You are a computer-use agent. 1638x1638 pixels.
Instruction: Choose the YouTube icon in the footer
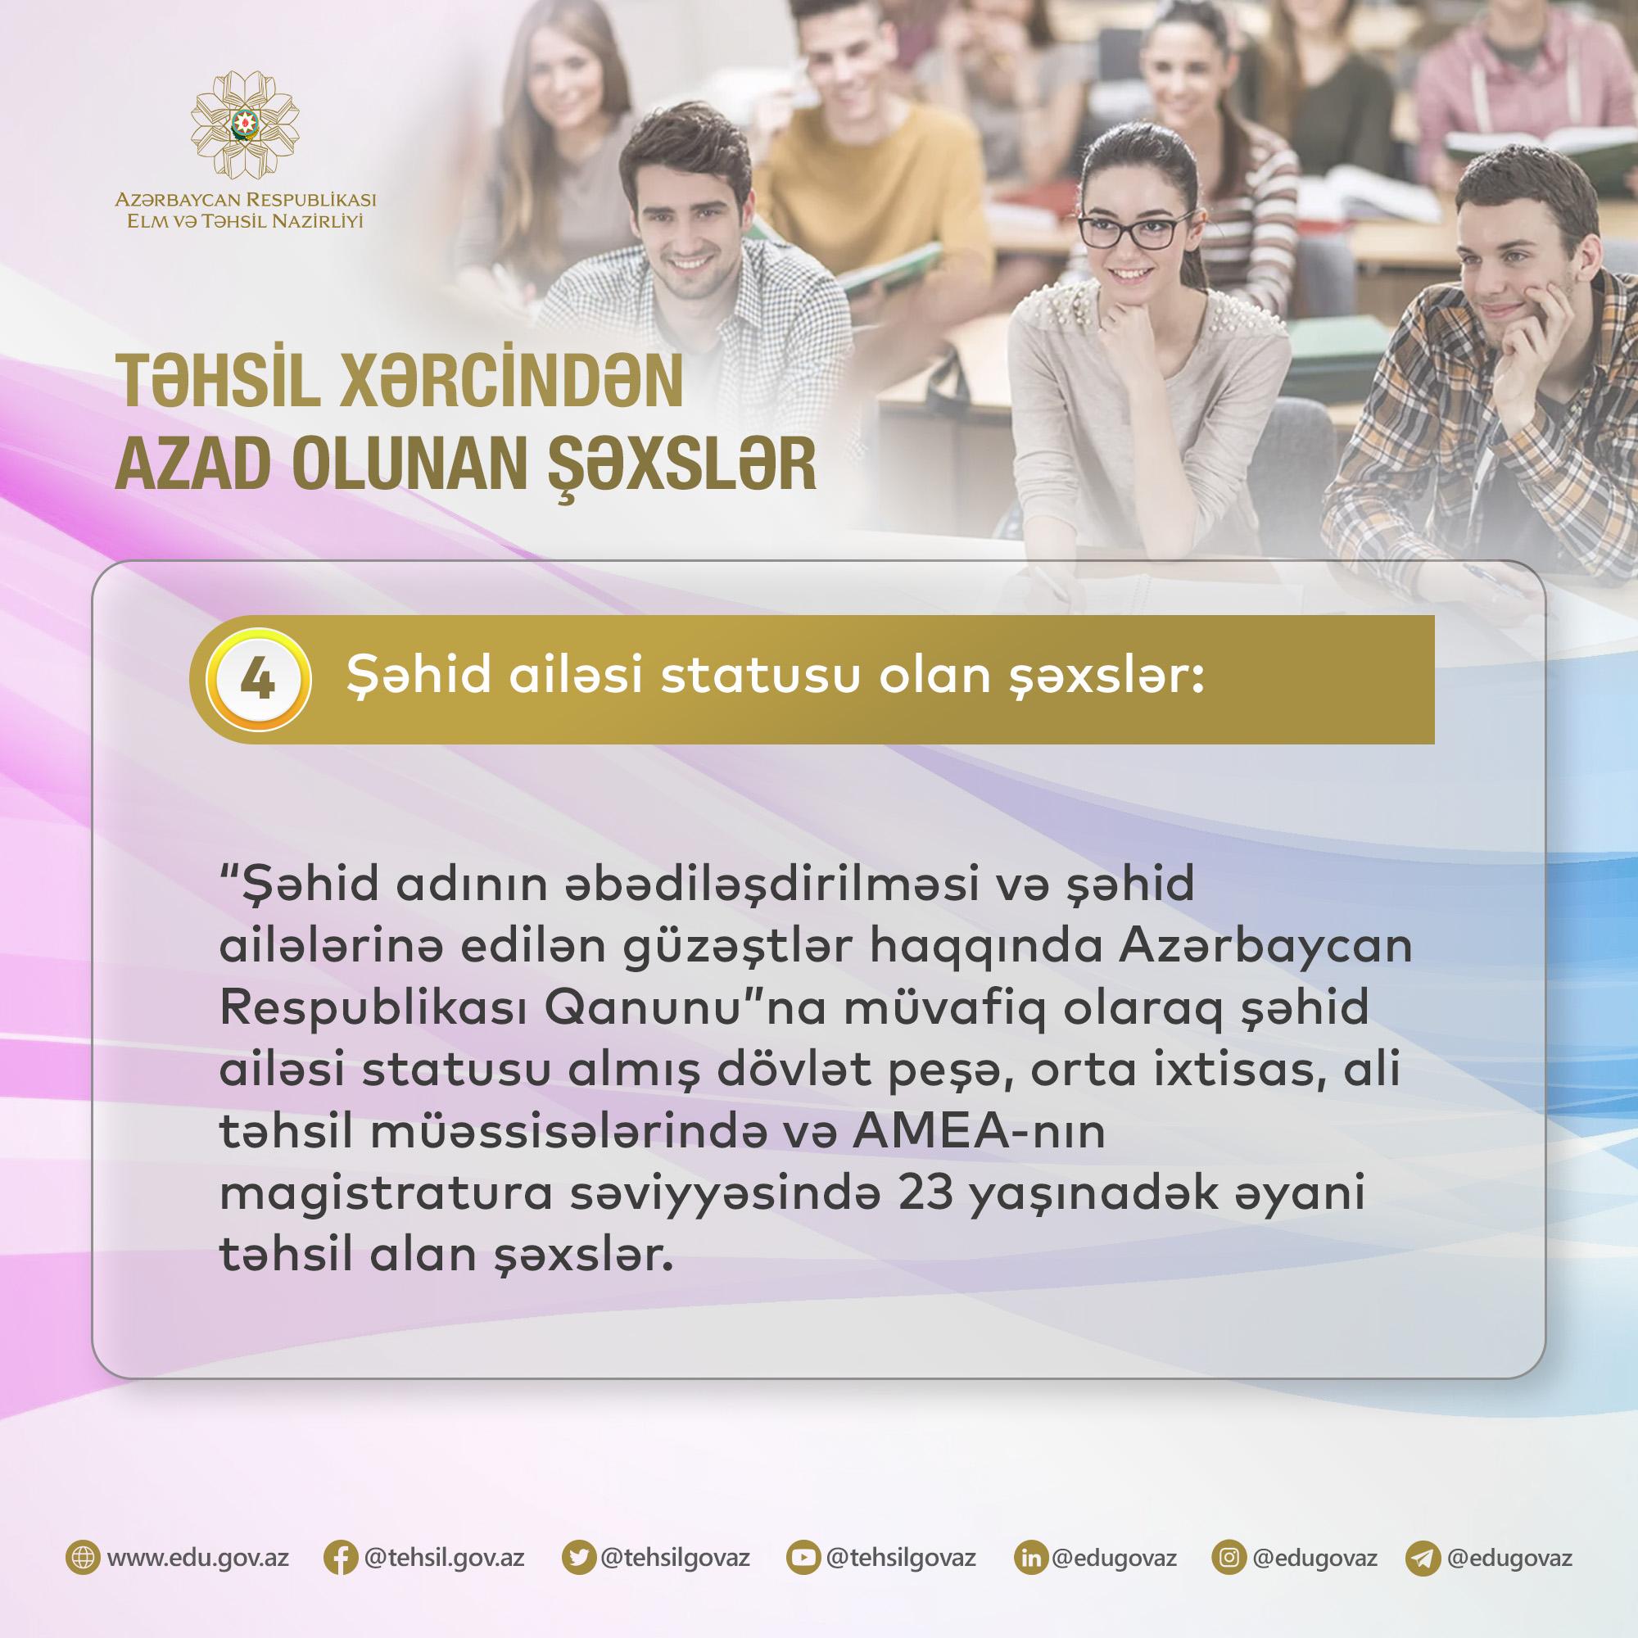click(x=801, y=1559)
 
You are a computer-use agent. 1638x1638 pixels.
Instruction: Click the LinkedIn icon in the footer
click(x=1029, y=1559)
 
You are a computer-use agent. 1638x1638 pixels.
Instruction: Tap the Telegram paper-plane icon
click(x=1423, y=1559)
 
